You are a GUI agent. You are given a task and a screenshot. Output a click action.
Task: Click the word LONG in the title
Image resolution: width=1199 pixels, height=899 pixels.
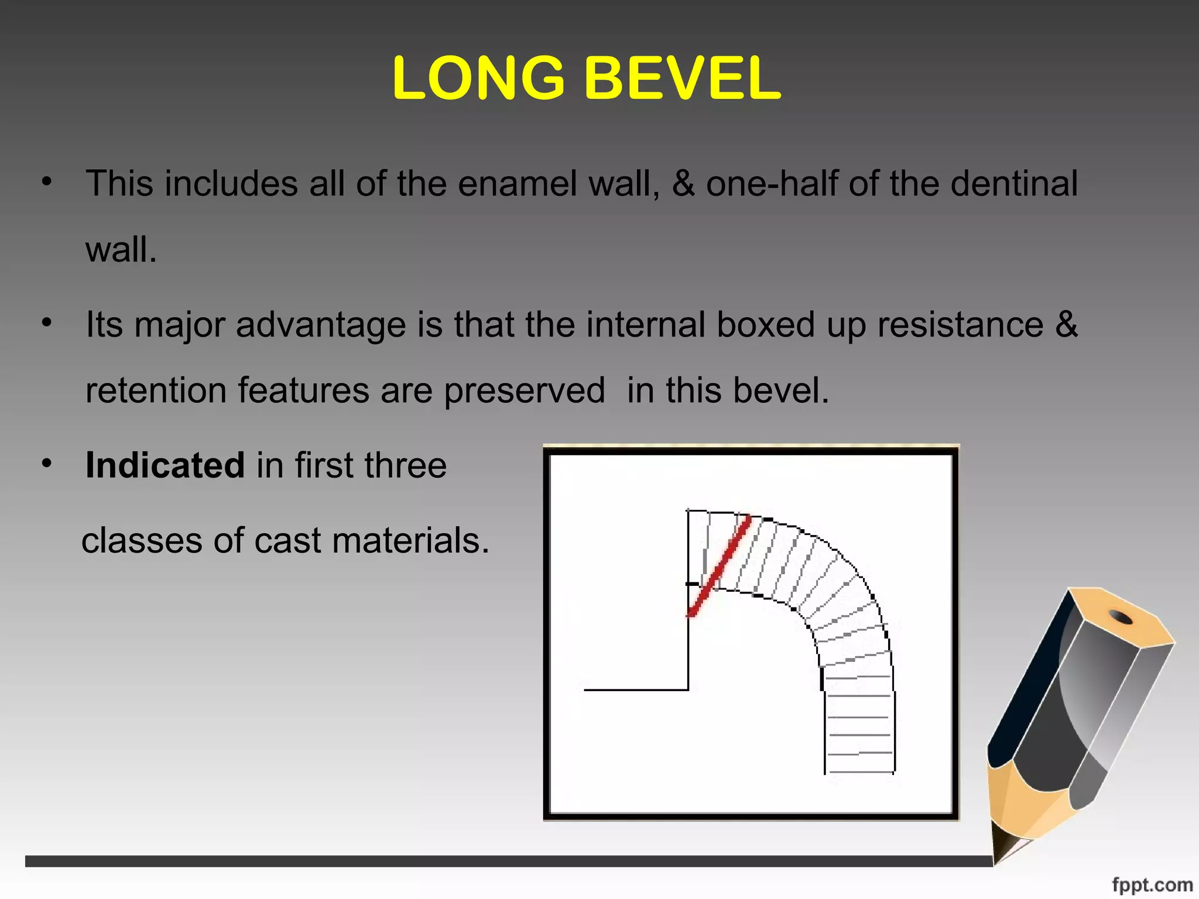pyautogui.click(x=478, y=78)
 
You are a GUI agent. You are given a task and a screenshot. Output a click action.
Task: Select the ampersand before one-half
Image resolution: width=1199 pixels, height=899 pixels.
pyautogui.click(x=683, y=184)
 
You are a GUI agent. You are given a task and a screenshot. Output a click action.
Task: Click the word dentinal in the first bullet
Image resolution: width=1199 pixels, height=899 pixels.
pyautogui.click(x=1013, y=184)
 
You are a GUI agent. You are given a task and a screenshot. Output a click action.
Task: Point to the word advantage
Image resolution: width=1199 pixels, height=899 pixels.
pyautogui.click(x=320, y=325)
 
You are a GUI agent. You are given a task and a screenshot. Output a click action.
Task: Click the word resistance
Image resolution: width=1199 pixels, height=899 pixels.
pyautogui.click(x=960, y=325)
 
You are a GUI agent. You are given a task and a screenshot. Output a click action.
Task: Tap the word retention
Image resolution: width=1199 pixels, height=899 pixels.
pyautogui.click(x=156, y=390)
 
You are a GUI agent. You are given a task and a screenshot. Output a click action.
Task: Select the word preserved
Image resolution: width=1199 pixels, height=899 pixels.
pyautogui.click(x=524, y=392)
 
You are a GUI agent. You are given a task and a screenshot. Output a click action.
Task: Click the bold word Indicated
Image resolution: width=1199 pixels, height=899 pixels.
pyautogui.click(x=165, y=465)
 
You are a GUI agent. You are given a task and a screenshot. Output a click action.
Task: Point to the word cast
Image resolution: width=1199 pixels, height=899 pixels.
pyautogui.click(x=287, y=540)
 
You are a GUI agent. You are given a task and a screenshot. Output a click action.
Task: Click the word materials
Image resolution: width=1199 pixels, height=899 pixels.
pyautogui.click(x=410, y=540)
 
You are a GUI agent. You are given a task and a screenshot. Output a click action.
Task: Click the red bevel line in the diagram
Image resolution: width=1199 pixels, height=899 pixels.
pyautogui.click(x=720, y=565)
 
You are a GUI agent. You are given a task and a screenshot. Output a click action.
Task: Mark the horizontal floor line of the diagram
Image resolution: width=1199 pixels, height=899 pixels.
pyautogui.click(x=636, y=690)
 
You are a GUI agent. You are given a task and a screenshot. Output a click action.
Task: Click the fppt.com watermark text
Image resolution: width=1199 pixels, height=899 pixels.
pyautogui.click(x=1152, y=884)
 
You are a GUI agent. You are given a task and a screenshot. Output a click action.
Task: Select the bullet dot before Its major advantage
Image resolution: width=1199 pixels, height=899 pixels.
pyautogui.click(x=47, y=322)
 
